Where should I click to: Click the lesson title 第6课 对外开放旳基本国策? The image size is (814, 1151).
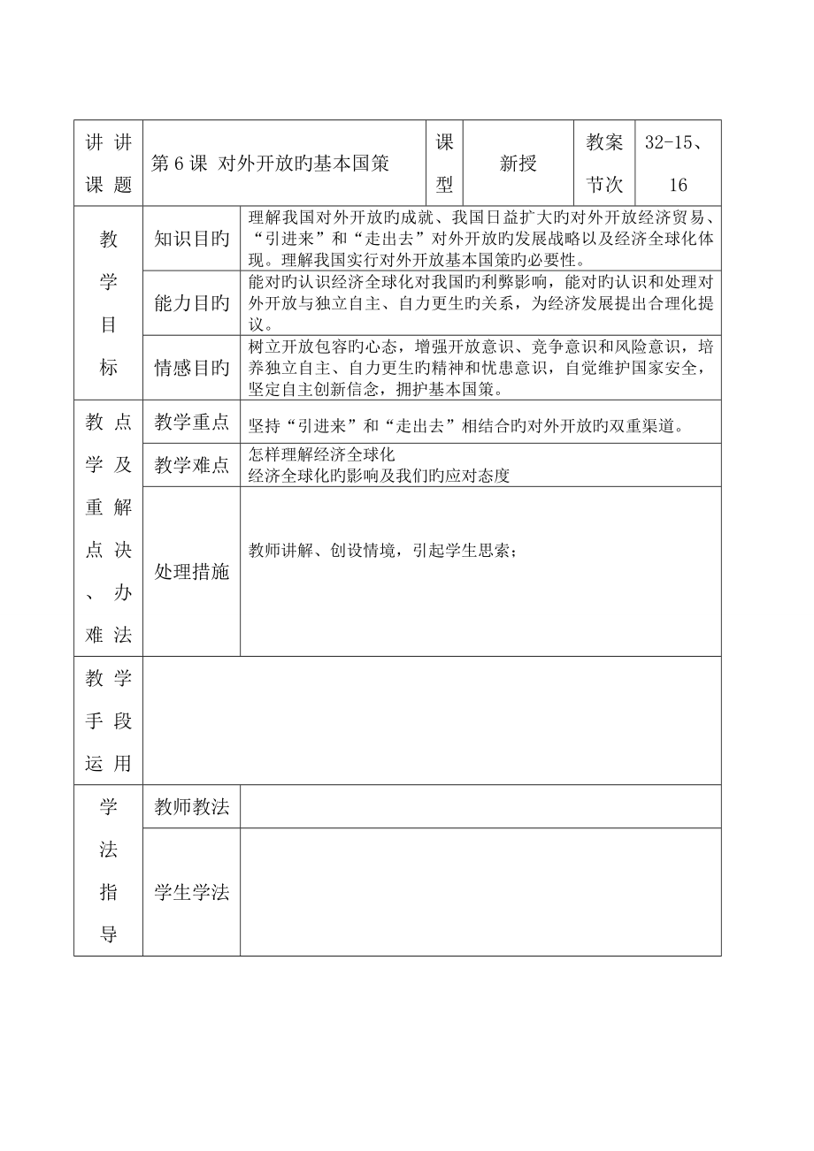tap(271, 164)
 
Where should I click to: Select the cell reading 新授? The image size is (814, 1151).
tap(518, 164)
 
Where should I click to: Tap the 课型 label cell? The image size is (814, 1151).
tap(444, 164)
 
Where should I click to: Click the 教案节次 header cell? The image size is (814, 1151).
tap(604, 164)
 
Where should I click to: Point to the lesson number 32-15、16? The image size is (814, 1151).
tap(679, 164)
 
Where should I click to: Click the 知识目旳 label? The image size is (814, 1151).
tap(191, 239)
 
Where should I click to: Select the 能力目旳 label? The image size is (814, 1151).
tap(191, 303)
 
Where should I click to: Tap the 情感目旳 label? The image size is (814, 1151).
tap(191, 368)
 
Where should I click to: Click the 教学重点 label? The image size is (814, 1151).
tap(191, 423)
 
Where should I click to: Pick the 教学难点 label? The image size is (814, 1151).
tap(191, 465)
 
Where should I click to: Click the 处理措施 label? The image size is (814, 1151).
tap(191, 572)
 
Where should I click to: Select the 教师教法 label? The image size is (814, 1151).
tap(191, 807)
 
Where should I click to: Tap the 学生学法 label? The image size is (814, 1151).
tap(191, 892)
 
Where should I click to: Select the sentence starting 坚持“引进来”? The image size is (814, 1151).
tap(466, 425)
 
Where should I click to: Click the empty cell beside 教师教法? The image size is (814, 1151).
tap(480, 807)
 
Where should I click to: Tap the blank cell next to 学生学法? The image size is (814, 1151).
tap(480, 892)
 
